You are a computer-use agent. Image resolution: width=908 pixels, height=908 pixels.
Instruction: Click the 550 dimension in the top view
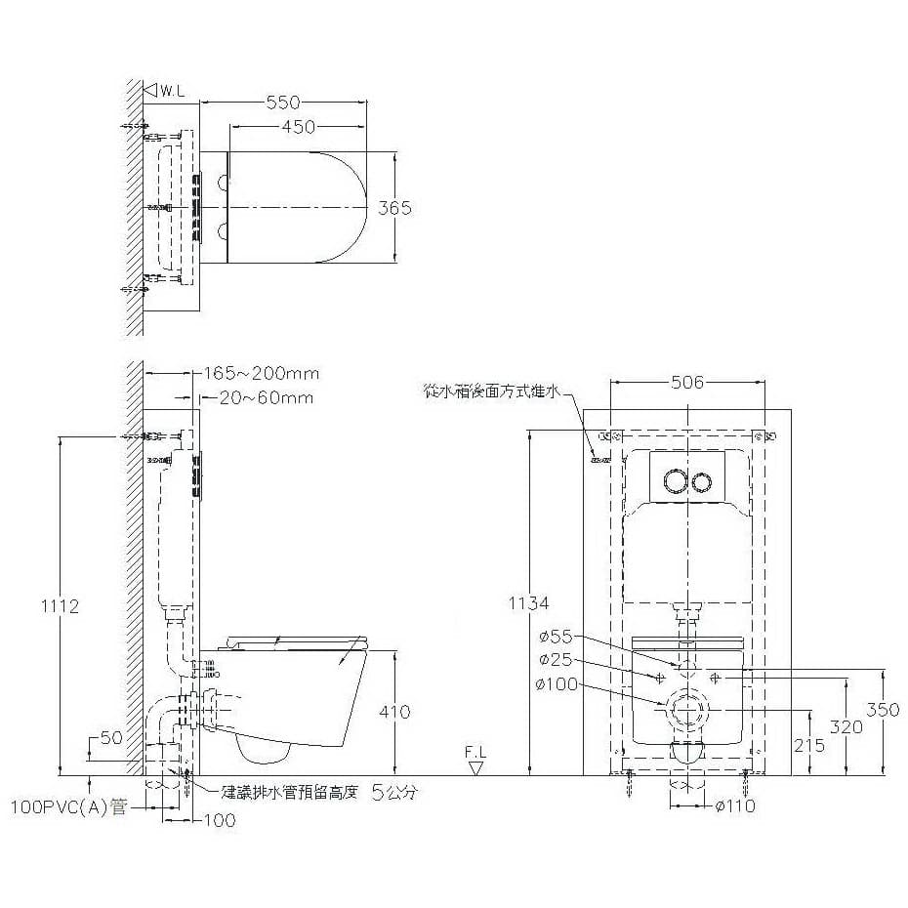pos(283,103)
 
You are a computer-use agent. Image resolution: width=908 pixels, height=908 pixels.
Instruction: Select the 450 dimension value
pos(298,127)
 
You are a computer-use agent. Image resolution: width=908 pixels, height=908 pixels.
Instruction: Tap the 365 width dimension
pos(394,207)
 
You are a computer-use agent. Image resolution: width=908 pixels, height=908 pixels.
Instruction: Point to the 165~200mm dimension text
pos(261,374)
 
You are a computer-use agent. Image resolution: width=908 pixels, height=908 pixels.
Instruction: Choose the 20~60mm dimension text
pos(267,397)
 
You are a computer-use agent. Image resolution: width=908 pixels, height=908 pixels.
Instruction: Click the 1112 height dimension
pos(61,606)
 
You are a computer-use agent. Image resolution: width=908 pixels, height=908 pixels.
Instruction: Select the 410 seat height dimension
pos(394,712)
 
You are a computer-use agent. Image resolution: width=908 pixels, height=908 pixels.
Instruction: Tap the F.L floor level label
pos(475,753)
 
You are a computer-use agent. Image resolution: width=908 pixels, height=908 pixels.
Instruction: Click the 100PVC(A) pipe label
pos(68,807)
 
